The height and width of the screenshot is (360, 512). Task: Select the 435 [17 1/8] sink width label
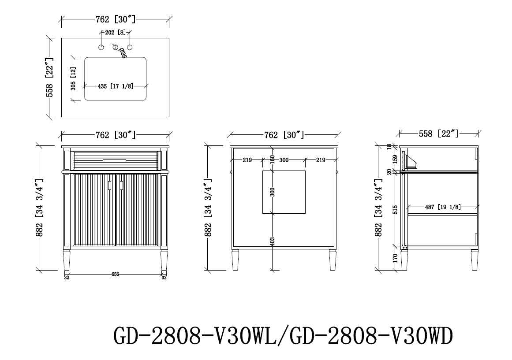(x=116, y=86)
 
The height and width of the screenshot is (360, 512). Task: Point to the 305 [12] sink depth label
(x=73, y=79)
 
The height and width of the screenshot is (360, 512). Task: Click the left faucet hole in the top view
(x=101, y=48)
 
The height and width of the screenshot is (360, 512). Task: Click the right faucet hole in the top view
(x=130, y=48)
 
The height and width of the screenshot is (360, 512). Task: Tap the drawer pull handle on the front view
(x=115, y=160)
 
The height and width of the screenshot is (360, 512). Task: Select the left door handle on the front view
(x=109, y=186)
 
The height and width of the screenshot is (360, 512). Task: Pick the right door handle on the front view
(x=121, y=186)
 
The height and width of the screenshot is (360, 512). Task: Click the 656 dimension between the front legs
(x=115, y=275)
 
